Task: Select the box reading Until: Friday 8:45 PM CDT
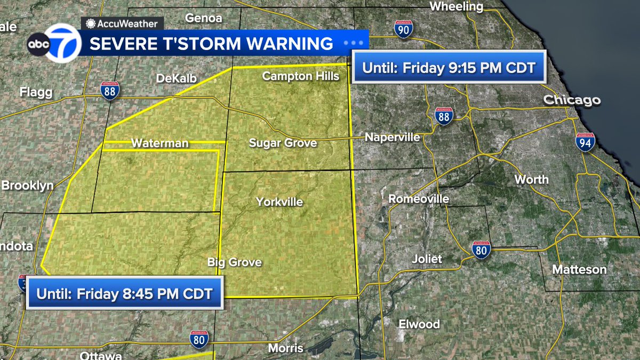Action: [124, 293]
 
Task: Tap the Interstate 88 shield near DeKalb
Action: [110, 90]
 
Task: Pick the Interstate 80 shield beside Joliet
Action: [481, 249]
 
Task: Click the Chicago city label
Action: [572, 100]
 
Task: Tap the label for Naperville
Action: [392, 138]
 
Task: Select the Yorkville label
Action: [279, 202]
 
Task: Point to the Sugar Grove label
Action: [283, 143]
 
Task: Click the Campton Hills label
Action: [301, 76]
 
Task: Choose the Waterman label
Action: [159, 143]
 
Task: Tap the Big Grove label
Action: [235, 262]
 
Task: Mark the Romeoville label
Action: [419, 199]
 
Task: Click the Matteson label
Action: [579, 269]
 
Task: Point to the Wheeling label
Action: [456, 6]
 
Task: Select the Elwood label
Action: [420, 324]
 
